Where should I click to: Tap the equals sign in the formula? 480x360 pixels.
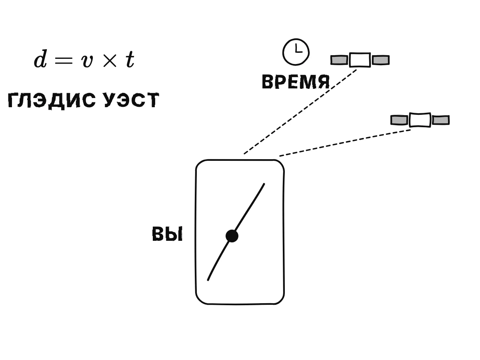[64, 60]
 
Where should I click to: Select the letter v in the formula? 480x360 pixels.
[87, 61]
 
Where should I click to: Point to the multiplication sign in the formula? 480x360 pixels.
[110, 60]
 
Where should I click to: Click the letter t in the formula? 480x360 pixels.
[130, 60]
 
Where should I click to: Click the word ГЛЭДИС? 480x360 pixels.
[52, 100]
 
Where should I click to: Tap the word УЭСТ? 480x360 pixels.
[132, 100]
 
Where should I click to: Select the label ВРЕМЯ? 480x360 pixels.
[296, 82]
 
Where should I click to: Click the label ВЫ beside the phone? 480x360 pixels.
[167, 234]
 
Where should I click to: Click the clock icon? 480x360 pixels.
[296, 52]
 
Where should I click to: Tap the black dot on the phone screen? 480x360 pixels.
[232, 236]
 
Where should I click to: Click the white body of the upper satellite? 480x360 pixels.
[360, 60]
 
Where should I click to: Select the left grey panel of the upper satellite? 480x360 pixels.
[339, 60]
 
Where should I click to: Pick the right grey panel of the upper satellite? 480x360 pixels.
[381, 60]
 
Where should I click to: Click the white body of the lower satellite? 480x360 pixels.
[420, 120]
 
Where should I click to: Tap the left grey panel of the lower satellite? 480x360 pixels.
[399, 120]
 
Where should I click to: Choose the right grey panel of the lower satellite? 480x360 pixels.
[441, 120]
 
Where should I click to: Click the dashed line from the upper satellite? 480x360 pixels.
[300, 112]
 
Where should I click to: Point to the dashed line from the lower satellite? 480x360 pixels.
[345, 143]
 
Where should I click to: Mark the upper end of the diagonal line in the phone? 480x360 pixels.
[264, 184]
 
